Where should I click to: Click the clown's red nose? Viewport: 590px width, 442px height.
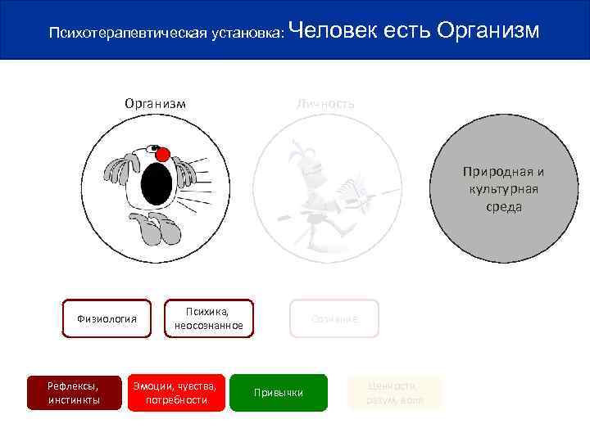coord(161,154)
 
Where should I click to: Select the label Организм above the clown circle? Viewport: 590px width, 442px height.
coord(155,103)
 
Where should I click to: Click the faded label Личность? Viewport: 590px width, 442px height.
coord(325,103)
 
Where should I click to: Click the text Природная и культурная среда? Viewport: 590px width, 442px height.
coord(502,189)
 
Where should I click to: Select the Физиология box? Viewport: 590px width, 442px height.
coord(107,318)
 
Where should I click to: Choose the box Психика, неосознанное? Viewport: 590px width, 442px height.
coord(208,318)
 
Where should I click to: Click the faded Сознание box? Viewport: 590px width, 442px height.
coord(334,318)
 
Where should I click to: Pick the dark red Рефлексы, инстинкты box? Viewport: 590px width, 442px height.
coord(74,392)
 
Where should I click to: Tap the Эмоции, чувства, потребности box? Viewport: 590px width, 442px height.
coord(176,392)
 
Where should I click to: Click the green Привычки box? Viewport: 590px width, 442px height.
coord(279,392)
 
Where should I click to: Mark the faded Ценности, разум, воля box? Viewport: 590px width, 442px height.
coord(393,392)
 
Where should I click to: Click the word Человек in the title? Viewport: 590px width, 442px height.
coord(331,30)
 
